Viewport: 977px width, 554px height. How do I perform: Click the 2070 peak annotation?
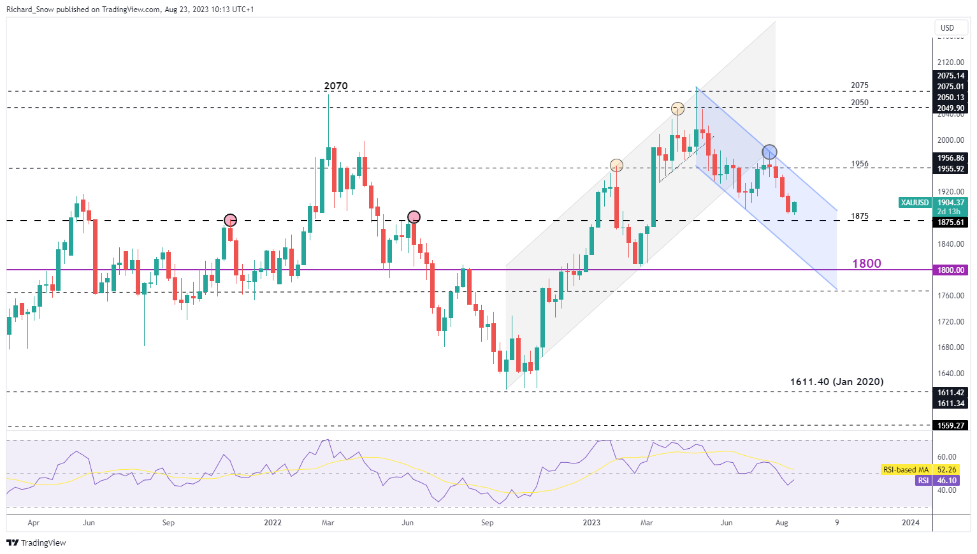(x=336, y=86)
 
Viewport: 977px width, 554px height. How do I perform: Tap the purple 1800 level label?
(x=867, y=264)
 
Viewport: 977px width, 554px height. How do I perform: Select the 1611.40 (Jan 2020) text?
(x=837, y=382)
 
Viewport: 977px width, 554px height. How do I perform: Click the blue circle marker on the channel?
(x=769, y=152)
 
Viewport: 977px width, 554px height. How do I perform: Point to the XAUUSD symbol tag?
(x=915, y=203)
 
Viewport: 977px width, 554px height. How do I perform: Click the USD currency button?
(x=947, y=27)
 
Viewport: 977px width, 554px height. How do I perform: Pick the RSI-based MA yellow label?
(x=905, y=470)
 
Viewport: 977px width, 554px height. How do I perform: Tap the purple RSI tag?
(x=923, y=481)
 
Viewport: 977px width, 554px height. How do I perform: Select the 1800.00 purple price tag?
(x=951, y=270)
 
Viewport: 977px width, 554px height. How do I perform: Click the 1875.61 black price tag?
(x=951, y=222)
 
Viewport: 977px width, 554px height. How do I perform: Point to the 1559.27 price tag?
(x=951, y=425)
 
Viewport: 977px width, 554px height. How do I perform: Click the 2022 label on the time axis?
(x=273, y=523)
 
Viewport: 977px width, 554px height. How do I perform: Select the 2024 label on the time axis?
(x=911, y=523)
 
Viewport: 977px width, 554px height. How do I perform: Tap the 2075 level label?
(x=860, y=85)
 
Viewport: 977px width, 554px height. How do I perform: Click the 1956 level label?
(x=860, y=164)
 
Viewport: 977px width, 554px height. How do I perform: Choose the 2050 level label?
(x=860, y=103)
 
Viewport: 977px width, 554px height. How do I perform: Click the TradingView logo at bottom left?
(x=37, y=543)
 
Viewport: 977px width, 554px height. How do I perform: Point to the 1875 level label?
(x=860, y=217)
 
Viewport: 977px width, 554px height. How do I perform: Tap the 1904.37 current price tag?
(x=951, y=203)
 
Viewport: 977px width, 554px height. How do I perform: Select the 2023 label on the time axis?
(x=591, y=523)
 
